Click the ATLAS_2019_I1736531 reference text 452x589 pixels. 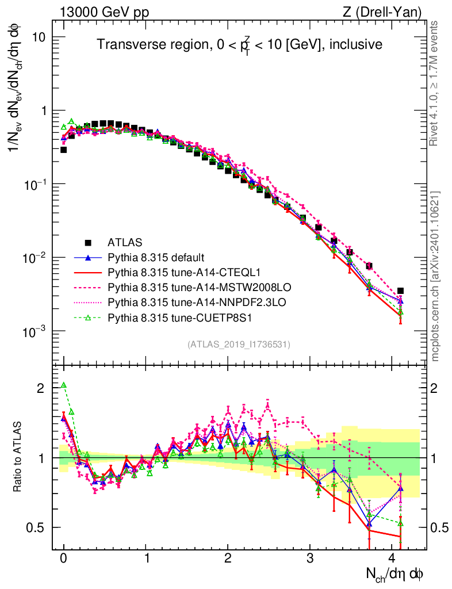point(239,345)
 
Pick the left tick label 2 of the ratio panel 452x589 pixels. point(41,388)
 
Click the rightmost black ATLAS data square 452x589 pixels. point(400,291)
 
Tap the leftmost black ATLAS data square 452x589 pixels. point(64,150)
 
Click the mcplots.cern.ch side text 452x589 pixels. point(435,276)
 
